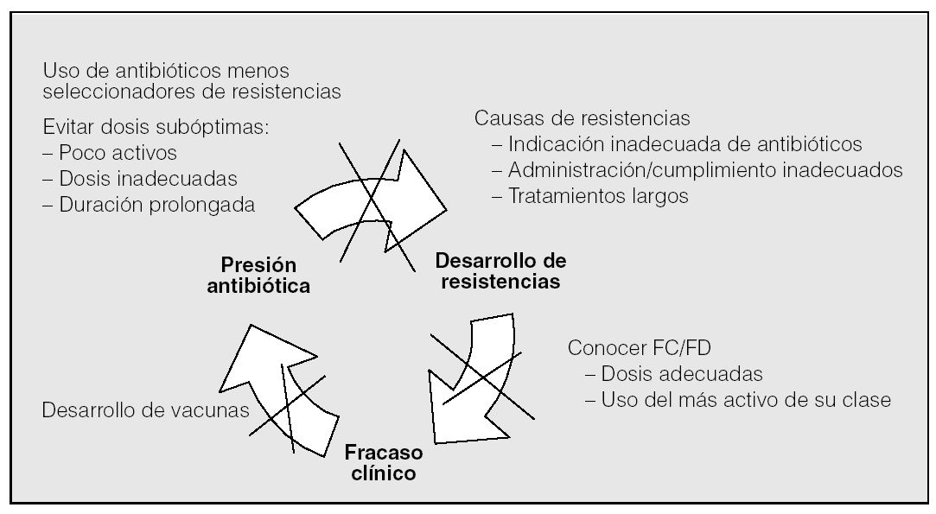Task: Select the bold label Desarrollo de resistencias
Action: coord(500,270)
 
